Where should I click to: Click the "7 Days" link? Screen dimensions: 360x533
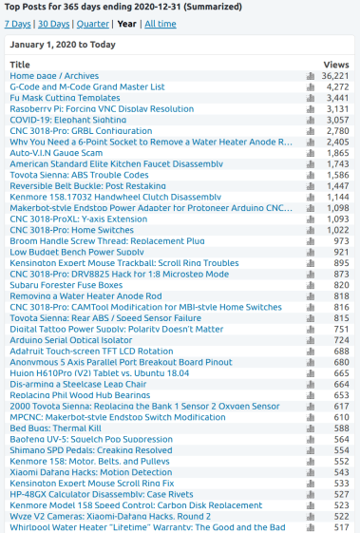pos(18,23)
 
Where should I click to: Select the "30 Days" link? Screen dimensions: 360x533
pos(54,23)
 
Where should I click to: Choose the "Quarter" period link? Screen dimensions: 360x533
pos(93,23)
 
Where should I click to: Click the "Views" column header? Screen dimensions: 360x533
pos(336,65)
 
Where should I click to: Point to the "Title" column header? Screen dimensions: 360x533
pos(20,65)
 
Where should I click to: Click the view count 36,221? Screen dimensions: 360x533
pos(335,76)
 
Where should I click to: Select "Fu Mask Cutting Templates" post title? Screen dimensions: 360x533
pos(65,98)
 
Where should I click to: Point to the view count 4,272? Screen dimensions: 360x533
pos(338,86)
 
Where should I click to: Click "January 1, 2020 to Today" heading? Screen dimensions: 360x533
pos(66,44)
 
